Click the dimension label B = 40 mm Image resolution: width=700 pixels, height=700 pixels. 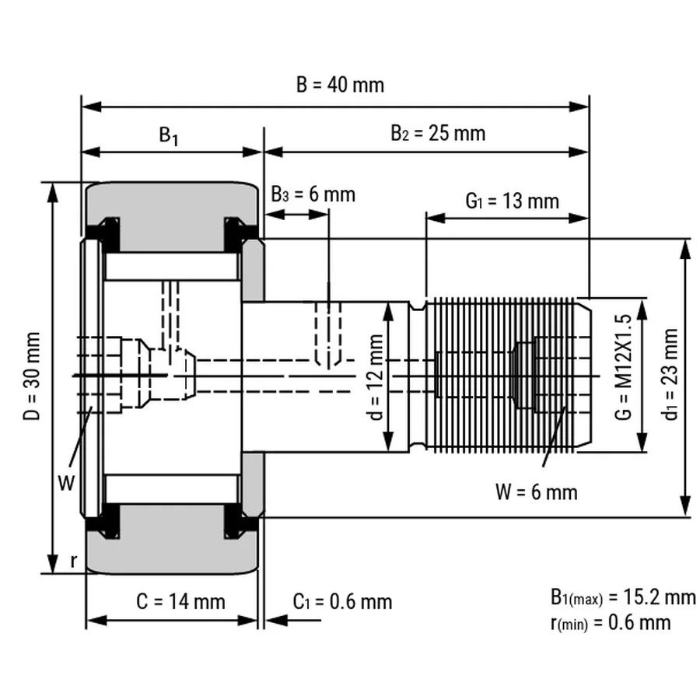tap(340, 85)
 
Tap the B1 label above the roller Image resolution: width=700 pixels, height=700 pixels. tap(169, 135)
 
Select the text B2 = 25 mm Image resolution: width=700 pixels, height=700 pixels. tap(437, 133)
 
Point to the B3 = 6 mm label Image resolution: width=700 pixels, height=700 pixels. tap(313, 194)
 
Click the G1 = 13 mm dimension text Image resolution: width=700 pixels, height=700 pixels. tap(512, 201)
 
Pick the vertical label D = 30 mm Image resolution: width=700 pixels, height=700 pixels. tap(32, 377)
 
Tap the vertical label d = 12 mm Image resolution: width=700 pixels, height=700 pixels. tap(374, 377)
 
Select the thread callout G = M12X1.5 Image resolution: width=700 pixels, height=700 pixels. tap(621, 367)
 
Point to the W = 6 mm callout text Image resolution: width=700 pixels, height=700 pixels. tap(536, 492)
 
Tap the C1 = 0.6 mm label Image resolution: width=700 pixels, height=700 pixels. tap(342, 601)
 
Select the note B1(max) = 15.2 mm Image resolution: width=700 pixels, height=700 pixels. tap(622, 597)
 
